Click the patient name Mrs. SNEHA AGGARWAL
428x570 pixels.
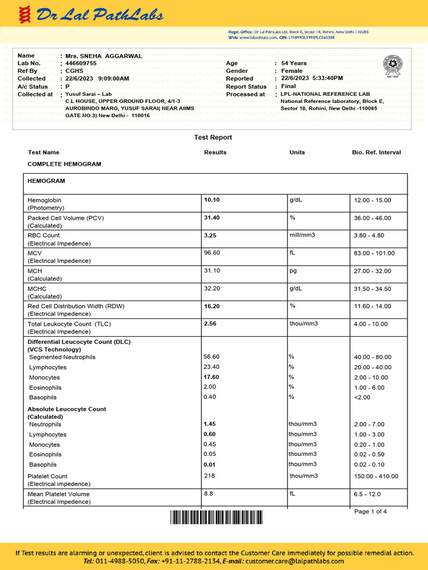pyautogui.click(x=104, y=56)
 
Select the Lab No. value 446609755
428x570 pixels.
pyautogui.click(x=81, y=63)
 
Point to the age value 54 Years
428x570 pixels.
pyautogui.click(x=294, y=63)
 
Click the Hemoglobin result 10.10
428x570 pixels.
pyautogui.click(x=212, y=200)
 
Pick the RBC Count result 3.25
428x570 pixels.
pyautogui.click(x=210, y=235)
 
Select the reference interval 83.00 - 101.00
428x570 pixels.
pyautogui.click(x=374, y=253)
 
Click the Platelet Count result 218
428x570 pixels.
pyautogui.click(x=209, y=475)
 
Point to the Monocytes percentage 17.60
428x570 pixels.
pyautogui.click(x=212, y=377)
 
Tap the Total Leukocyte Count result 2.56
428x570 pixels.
pyautogui.click(x=210, y=323)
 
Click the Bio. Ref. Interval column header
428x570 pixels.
pyautogui.click(x=376, y=153)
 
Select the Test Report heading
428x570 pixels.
pyautogui.click(x=213, y=137)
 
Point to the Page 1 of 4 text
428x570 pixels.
pyautogui.click(x=370, y=512)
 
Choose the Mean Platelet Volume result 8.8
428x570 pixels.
pyautogui.click(x=208, y=494)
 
